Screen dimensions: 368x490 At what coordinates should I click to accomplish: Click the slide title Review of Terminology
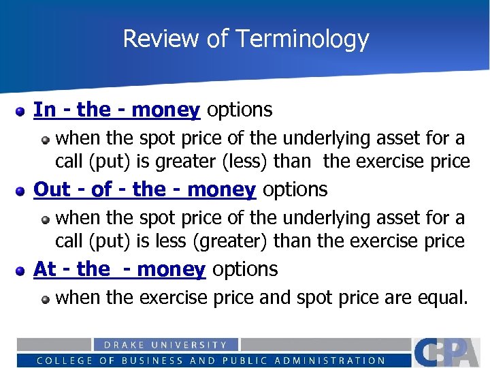point(246,39)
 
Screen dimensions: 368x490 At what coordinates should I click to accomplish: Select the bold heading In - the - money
point(116,110)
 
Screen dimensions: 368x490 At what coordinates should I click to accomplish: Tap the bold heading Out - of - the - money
point(144,189)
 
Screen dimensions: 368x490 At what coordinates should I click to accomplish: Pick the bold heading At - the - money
point(119,269)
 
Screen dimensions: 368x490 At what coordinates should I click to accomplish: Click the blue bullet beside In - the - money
point(21,110)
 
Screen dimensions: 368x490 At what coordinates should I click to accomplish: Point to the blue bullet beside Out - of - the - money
point(21,190)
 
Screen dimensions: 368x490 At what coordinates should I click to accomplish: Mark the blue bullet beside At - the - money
point(21,270)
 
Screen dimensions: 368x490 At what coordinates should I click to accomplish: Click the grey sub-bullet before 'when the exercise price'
point(46,298)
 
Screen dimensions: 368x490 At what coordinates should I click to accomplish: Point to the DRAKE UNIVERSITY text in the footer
point(165,346)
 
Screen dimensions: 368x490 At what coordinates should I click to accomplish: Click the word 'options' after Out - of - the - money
point(295,189)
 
